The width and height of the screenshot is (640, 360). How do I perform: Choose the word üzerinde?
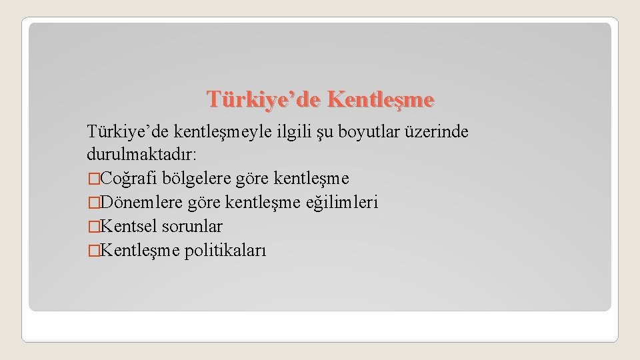click(439, 133)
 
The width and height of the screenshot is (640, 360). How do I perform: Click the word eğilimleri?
click(341, 202)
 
